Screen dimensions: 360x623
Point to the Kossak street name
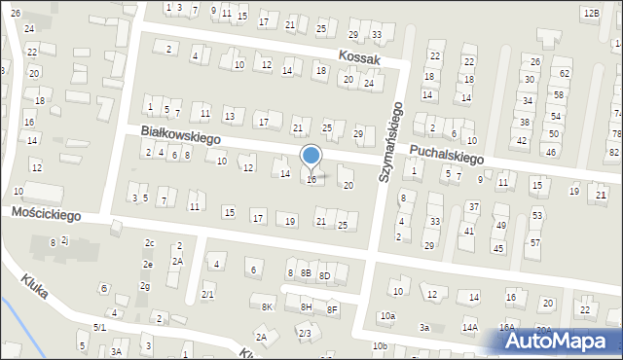(x=359, y=59)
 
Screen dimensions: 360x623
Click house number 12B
(x=591, y=13)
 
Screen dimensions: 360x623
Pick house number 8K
(x=268, y=307)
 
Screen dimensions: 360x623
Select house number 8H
(x=306, y=307)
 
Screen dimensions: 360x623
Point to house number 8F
(x=332, y=309)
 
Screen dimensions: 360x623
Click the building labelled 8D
(x=325, y=276)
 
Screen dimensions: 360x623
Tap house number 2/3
(x=304, y=334)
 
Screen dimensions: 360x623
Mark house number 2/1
(x=207, y=294)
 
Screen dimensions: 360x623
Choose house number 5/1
(x=99, y=327)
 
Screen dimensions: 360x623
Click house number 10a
(x=387, y=316)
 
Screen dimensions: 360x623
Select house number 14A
(x=470, y=328)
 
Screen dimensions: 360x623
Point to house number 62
(x=564, y=74)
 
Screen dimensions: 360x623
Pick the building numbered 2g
(x=144, y=286)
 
